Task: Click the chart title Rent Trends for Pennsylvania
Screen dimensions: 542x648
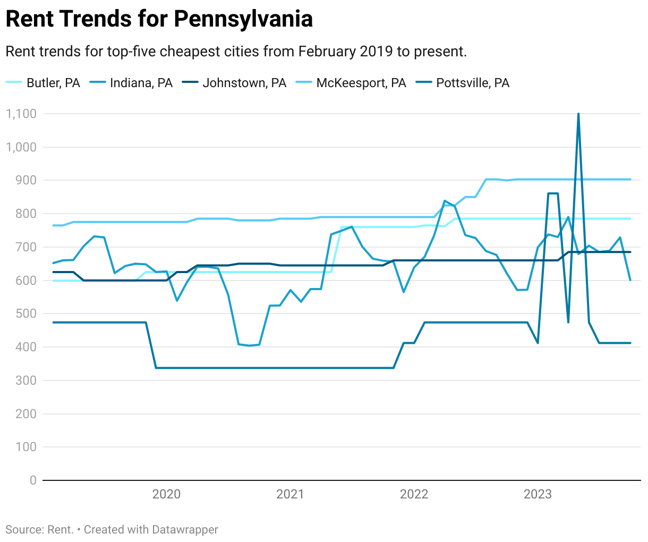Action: pyautogui.click(x=159, y=19)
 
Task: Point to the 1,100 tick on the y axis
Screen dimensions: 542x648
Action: pyautogui.click(x=21, y=114)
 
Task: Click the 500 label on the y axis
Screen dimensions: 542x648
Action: pyautogui.click(x=26, y=314)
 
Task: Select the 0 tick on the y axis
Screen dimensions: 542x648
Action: pyautogui.click(x=33, y=480)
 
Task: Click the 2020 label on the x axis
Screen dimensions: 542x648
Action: pyautogui.click(x=166, y=494)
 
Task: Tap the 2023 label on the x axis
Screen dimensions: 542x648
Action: pyautogui.click(x=538, y=494)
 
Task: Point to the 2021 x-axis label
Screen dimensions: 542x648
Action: pyautogui.click(x=290, y=494)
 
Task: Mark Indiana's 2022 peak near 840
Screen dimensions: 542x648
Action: pyautogui.click(x=445, y=201)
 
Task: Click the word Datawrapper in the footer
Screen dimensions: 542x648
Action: pyautogui.click(x=185, y=530)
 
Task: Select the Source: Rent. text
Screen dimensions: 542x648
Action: pyautogui.click(x=39, y=530)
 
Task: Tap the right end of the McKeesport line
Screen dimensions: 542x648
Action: pyautogui.click(x=630, y=179)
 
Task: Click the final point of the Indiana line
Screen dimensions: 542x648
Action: pyautogui.click(x=630, y=280)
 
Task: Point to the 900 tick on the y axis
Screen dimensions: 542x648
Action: pyautogui.click(x=26, y=180)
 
